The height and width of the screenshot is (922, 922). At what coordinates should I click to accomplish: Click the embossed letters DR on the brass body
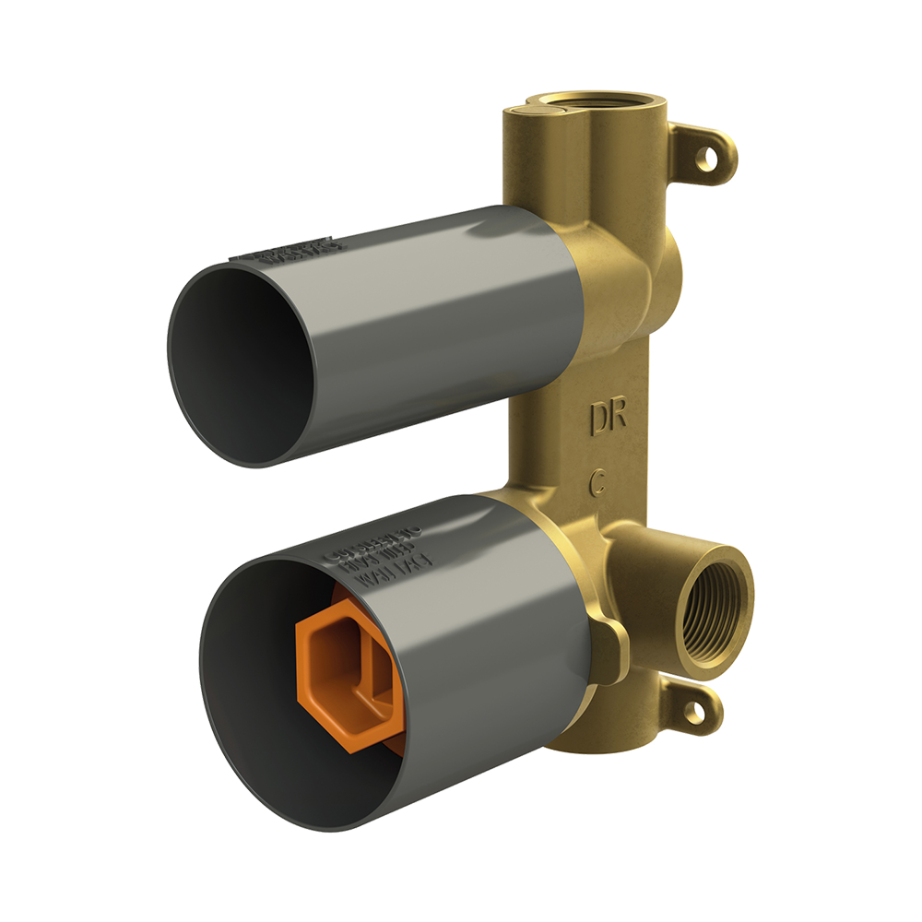[609, 417]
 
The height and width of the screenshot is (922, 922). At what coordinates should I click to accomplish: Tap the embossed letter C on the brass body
[598, 480]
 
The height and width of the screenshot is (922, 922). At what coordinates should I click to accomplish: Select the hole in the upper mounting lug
[707, 160]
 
